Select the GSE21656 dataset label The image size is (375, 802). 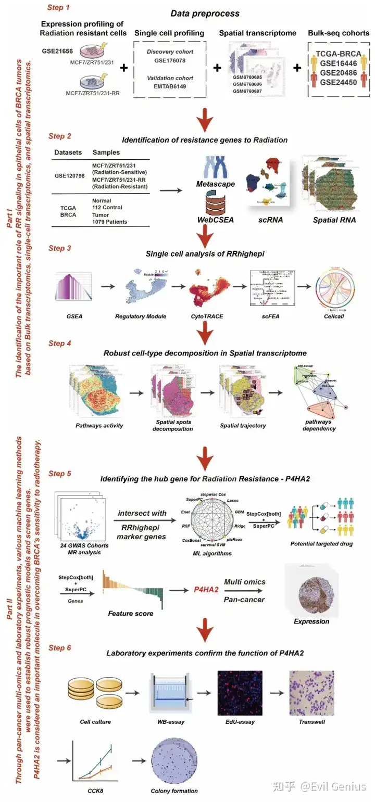(58, 52)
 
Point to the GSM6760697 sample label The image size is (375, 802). (248, 91)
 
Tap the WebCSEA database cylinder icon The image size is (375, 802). (203, 201)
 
